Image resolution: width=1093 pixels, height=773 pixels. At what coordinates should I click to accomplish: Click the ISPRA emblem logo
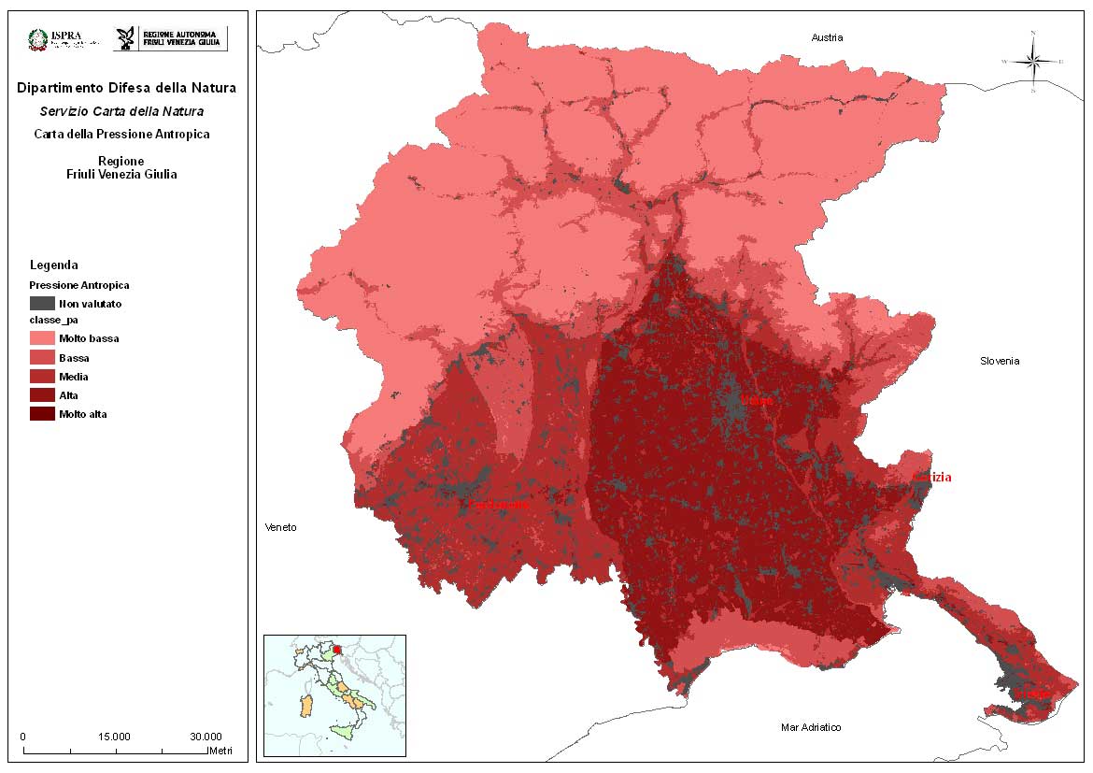(x=38, y=38)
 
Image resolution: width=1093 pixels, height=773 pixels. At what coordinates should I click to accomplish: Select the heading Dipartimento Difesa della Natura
(x=126, y=88)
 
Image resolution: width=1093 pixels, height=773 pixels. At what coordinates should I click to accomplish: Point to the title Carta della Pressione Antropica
(x=121, y=134)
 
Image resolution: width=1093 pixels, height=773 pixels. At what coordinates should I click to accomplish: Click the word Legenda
(x=54, y=265)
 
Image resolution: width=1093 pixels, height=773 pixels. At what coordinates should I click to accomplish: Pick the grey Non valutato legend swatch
(x=42, y=303)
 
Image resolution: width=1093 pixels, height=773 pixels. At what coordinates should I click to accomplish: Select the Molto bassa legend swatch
(x=42, y=338)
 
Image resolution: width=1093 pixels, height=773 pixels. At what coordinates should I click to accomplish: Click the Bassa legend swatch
(x=42, y=358)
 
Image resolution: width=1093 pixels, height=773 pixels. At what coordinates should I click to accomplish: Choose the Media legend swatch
(x=42, y=377)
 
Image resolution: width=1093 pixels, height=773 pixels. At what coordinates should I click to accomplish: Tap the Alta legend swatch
(x=42, y=395)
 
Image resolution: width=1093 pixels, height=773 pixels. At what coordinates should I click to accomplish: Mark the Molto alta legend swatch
(x=42, y=414)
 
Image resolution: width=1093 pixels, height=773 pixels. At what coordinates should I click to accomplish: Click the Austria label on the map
(x=827, y=37)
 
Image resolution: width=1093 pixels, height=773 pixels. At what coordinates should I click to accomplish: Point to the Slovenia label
(x=1000, y=361)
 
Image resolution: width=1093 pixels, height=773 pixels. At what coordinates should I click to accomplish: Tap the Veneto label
(x=280, y=527)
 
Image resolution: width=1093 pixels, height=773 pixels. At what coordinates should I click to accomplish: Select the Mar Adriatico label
(x=811, y=727)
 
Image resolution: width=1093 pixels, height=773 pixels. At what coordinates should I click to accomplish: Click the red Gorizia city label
(x=932, y=478)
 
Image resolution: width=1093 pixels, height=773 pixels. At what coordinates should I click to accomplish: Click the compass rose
(x=1033, y=62)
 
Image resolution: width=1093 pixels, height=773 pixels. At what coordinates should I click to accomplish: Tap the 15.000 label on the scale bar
(x=114, y=737)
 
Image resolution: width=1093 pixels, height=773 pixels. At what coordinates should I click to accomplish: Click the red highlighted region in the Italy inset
(x=337, y=647)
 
